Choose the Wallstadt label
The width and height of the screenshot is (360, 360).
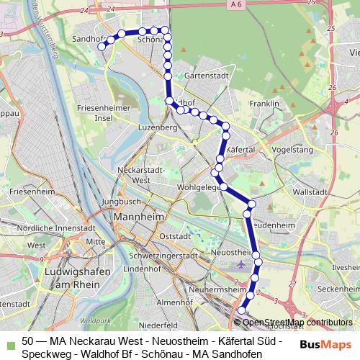[x=311, y=193]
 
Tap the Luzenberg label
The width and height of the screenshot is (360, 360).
[x=158, y=127]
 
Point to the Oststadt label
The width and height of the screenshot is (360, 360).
[x=176, y=236]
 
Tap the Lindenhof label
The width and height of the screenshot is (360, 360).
[x=142, y=269]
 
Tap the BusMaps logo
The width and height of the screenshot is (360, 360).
[x=326, y=344]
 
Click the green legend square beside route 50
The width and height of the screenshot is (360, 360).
[x=8, y=340]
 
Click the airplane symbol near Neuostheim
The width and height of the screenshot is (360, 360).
[x=257, y=279]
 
